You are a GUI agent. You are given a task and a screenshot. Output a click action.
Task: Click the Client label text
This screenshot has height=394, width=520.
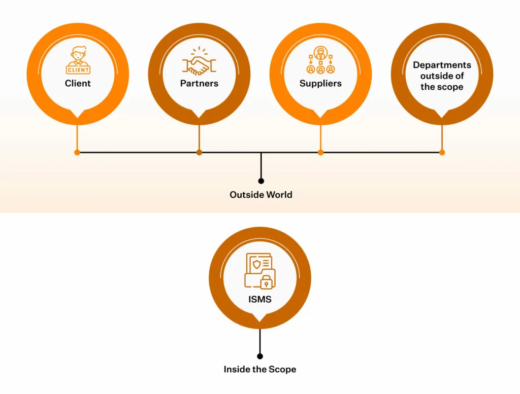click(78, 83)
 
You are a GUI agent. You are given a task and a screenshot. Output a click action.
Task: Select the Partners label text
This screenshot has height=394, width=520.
click(199, 83)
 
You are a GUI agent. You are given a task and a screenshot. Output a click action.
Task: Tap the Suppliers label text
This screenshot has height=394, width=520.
click(320, 83)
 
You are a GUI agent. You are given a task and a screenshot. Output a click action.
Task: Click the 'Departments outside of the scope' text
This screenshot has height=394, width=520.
click(442, 76)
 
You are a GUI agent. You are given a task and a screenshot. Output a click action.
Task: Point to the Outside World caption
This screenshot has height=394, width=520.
click(261, 195)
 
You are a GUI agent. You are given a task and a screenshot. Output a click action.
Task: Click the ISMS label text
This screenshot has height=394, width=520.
click(259, 299)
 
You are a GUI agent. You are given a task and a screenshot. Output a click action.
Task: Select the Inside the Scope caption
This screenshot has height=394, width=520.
click(259, 369)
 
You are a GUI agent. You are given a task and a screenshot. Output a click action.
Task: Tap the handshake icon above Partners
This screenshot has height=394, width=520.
click(199, 62)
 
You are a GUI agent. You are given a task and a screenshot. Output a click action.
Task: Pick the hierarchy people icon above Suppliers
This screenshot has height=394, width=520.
click(320, 60)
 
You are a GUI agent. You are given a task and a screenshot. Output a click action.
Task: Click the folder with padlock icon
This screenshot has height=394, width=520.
click(259, 271)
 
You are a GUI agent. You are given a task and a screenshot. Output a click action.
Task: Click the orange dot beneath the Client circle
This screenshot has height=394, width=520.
click(77, 152)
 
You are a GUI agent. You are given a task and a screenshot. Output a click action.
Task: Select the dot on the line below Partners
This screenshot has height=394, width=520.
click(199, 152)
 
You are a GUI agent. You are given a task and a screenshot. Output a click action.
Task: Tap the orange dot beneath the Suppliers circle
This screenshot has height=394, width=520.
click(320, 152)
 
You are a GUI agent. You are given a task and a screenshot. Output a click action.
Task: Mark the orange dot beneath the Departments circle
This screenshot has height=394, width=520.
click(442, 152)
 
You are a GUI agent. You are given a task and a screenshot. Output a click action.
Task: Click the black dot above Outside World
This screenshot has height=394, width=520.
click(261, 181)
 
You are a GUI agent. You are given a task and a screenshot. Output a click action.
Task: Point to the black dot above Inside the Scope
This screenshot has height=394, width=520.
click(260, 356)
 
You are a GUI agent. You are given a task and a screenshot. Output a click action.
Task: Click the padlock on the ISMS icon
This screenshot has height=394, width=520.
click(266, 282)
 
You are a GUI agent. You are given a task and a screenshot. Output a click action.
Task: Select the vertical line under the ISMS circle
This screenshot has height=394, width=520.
click(260, 340)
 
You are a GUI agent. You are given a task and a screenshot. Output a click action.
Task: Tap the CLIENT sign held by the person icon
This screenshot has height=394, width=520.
click(78, 69)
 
